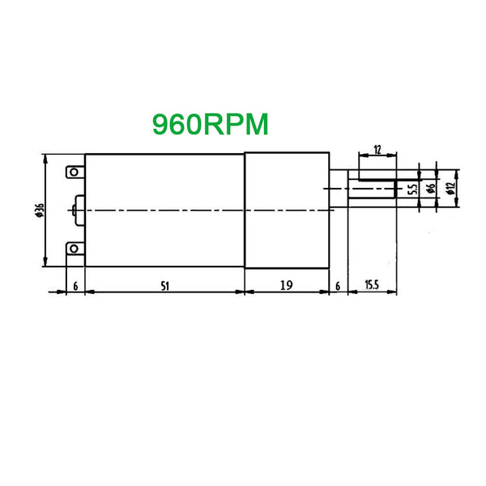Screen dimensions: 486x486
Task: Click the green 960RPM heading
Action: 210,124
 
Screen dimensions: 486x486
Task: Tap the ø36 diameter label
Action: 40,210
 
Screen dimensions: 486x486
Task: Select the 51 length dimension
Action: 165,286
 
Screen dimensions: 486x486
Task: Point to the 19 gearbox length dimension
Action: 287,285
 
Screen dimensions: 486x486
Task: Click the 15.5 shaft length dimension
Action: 372,284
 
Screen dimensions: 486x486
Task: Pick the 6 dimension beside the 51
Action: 75,286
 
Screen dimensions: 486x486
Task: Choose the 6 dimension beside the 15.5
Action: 338,286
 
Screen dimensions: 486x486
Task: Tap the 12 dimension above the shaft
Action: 377,150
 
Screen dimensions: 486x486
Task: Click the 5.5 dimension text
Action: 413,188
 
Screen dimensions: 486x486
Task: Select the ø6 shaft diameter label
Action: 431,188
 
